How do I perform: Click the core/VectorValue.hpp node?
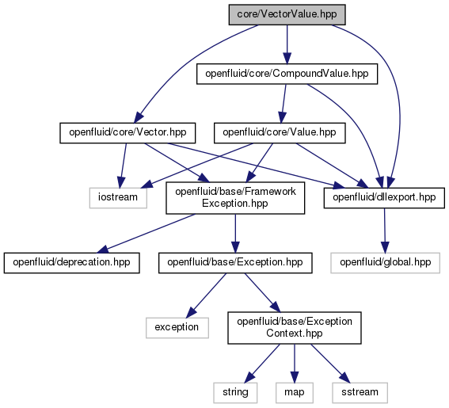[287, 14]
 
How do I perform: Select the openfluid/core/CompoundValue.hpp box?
[287, 74]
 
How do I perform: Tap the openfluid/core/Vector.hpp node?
[127, 132]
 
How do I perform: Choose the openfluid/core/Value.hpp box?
[280, 132]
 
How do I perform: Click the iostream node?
[118, 197]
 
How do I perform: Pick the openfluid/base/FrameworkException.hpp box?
[235, 198]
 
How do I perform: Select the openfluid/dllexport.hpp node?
[384, 197]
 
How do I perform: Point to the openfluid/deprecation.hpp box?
[71, 262]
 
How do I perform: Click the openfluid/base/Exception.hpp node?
[235, 262]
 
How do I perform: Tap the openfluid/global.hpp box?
[386, 262]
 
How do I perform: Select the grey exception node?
[177, 327]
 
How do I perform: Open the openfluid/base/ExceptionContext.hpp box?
[295, 328]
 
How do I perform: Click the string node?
[235, 392]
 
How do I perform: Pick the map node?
[295, 392]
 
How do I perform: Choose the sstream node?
[360, 392]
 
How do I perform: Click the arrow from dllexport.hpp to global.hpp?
[385, 231]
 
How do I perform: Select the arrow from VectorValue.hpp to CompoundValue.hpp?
[287, 44]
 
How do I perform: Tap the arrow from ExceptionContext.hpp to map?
[295, 364]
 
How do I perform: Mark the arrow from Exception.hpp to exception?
[206, 296]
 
